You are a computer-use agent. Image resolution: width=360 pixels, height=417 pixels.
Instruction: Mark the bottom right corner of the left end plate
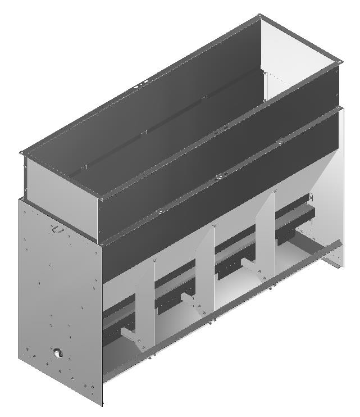(103, 404)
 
